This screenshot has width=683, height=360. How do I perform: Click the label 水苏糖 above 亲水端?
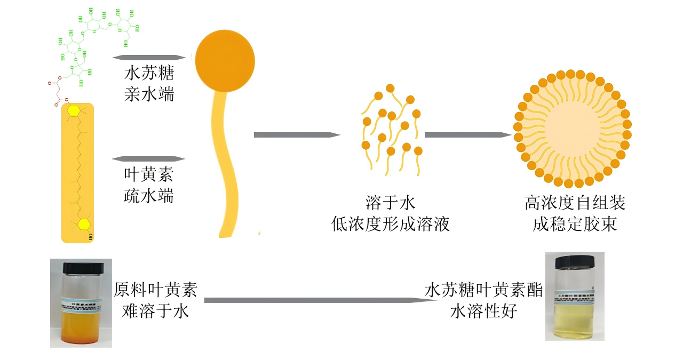(x=149, y=74)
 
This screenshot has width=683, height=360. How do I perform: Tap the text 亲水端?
(x=149, y=94)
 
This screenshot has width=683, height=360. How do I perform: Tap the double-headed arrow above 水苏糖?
(x=149, y=57)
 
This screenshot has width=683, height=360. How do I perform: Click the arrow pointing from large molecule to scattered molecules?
(x=296, y=135)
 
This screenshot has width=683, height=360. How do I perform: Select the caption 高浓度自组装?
(x=575, y=203)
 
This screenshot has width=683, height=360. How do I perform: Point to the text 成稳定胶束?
(x=575, y=224)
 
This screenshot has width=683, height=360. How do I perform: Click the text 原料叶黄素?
(x=155, y=290)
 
